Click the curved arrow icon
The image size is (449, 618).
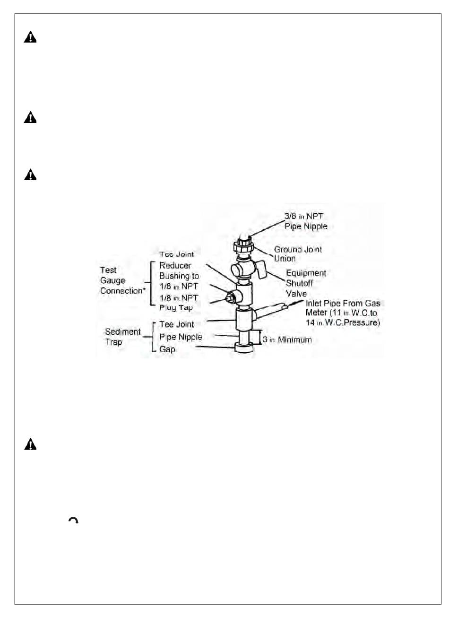point(73,521)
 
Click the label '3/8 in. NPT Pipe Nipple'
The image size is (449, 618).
point(306,221)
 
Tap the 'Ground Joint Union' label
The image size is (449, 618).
point(298,253)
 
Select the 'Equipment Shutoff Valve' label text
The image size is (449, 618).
point(306,283)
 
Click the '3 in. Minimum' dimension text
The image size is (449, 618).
point(287,339)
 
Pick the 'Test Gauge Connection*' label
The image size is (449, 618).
point(122,280)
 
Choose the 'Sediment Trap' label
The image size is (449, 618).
point(123,337)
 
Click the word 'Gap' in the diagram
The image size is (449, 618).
point(167,349)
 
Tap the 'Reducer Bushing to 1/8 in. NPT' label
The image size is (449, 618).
point(179,276)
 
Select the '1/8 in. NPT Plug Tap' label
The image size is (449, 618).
point(179,302)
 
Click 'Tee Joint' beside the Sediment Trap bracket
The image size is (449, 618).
point(177,324)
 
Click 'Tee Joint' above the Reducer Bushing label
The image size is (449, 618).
point(177,254)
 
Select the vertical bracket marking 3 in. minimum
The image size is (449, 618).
point(259,338)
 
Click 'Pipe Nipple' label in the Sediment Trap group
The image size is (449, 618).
point(181,337)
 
